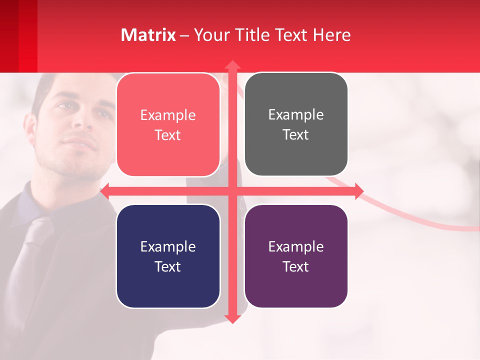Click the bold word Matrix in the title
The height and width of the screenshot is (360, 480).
point(148,35)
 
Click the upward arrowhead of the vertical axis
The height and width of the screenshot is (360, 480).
point(232,65)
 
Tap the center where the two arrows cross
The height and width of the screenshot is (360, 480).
point(232,191)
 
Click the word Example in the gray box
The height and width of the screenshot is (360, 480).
point(296,114)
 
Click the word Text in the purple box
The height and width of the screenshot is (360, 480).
point(296,266)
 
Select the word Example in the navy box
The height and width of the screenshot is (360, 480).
point(168,246)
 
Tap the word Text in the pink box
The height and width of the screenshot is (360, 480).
point(168,135)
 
